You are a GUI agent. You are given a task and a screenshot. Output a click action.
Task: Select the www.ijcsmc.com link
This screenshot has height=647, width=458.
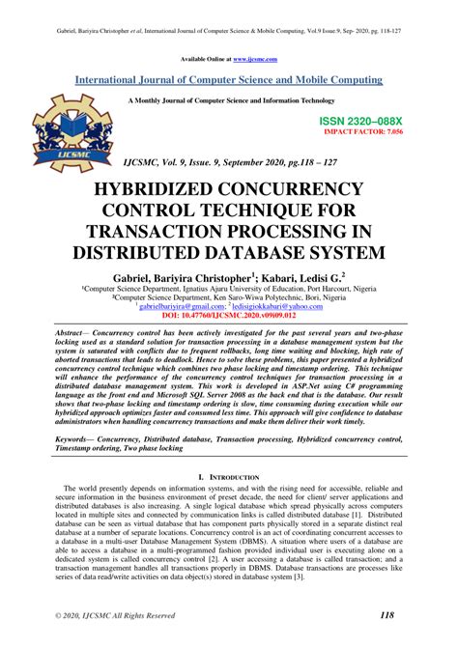pos(255,58)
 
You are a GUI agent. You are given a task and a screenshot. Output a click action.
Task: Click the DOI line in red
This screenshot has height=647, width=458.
pos(228,315)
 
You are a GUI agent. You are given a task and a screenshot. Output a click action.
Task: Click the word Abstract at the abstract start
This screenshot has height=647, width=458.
pos(74,330)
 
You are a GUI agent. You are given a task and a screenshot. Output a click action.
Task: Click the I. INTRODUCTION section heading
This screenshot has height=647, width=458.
pos(228,478)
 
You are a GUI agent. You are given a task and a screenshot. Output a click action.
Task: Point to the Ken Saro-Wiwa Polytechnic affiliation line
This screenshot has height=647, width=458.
pos(228,297)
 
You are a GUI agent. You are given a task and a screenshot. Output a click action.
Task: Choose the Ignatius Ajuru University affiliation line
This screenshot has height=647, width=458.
pos(228,289)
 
